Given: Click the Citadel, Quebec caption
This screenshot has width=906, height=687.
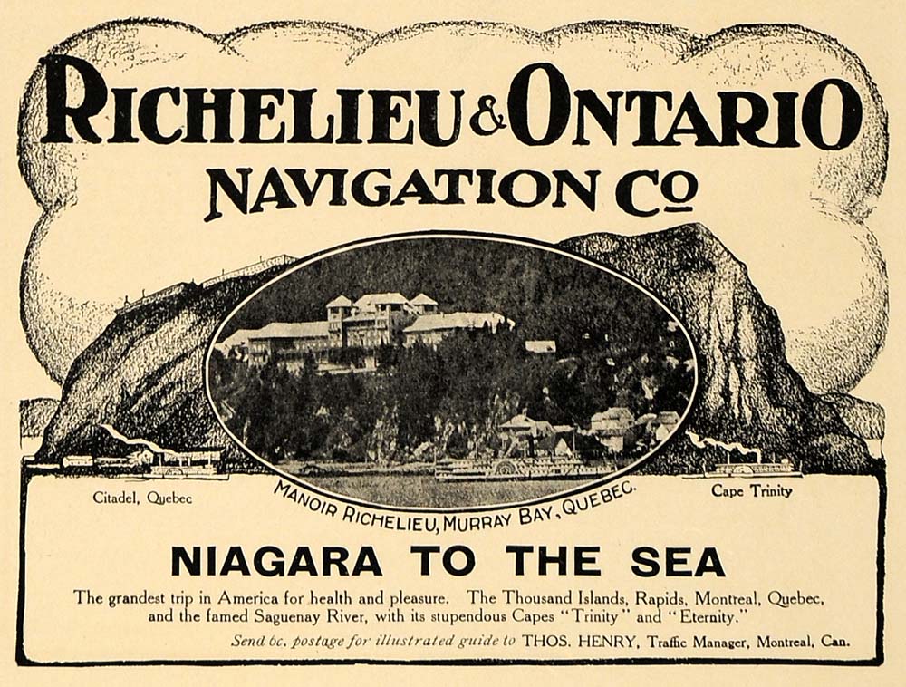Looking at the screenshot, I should pos(142,498).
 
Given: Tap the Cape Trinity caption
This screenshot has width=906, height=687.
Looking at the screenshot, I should pos(751,491).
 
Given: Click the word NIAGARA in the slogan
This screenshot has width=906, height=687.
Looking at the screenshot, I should pos(276,562).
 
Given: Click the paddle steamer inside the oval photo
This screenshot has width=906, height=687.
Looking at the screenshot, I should pos(507,466).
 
